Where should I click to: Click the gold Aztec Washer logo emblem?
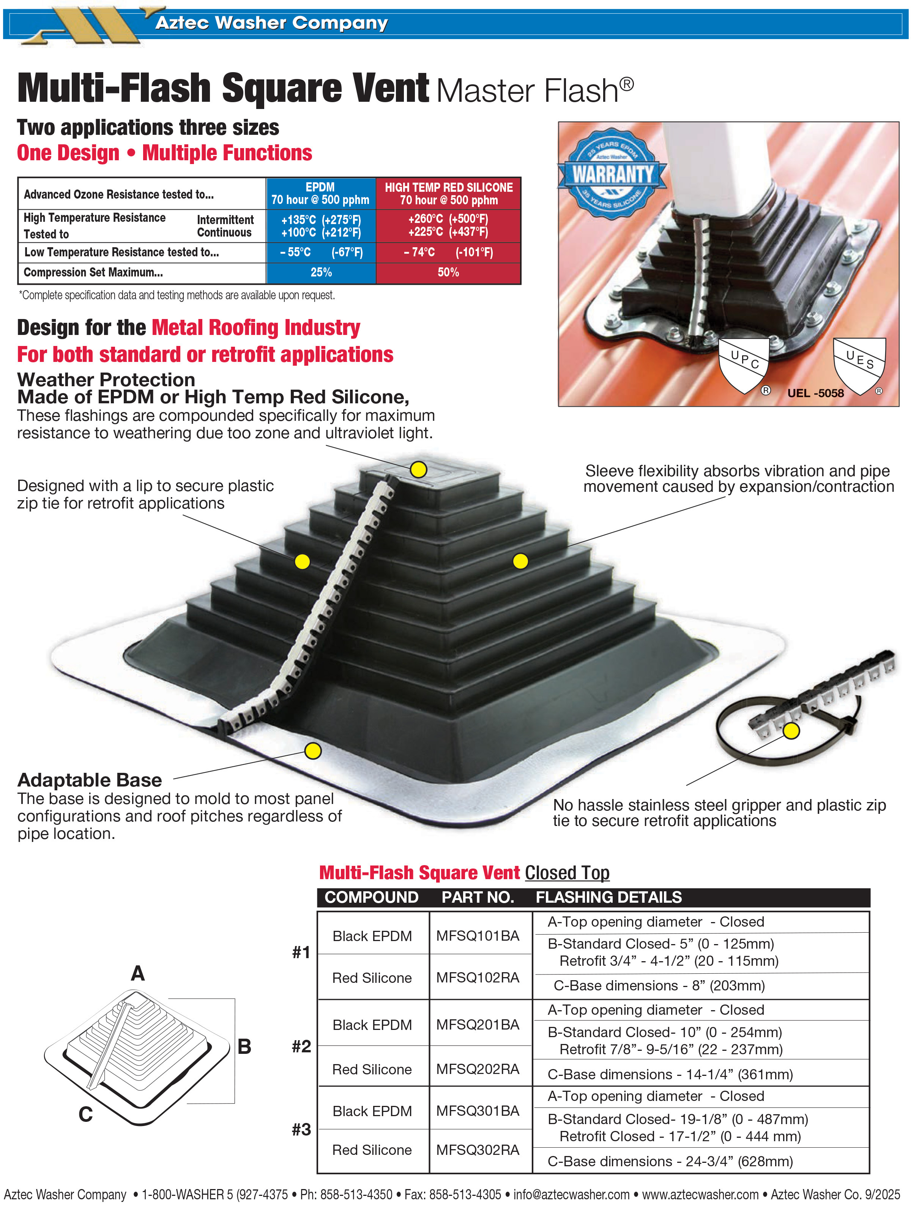coord(88,25)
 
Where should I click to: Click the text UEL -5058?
coord(815,393)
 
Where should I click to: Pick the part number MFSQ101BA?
coord(478,936)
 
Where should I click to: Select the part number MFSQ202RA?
coord(478,1069)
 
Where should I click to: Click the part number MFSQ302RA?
coord(478,1150)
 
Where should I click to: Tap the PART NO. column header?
coord(478,897)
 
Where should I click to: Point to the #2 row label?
coord(301,1046)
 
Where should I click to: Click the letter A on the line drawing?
coord(138,973)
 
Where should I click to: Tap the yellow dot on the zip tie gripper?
coord(791,731)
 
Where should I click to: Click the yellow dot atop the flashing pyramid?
coord(418,469)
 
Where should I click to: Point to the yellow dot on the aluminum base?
coord(313,751)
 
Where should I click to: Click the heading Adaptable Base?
coord(90,780)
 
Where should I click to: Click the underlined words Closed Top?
coord(567,873)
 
